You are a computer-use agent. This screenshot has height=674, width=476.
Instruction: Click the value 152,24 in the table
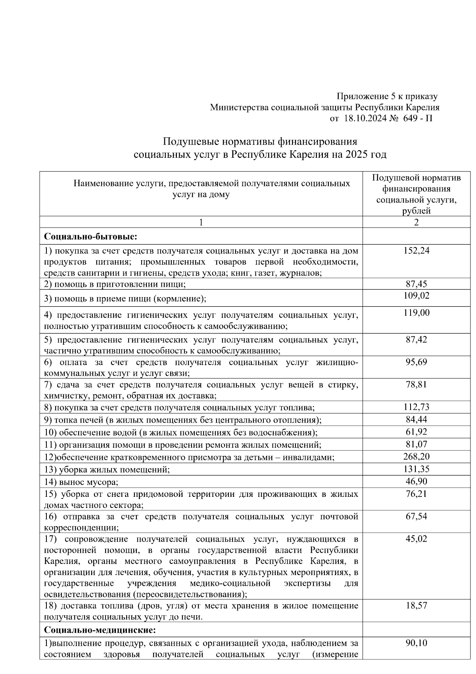point(416,251)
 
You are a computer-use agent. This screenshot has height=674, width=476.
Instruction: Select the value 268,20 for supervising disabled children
point(416,457)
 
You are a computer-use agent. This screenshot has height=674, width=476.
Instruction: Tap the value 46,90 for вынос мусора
point(416,482)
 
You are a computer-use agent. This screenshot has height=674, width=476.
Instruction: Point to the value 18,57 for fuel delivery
point(416,606)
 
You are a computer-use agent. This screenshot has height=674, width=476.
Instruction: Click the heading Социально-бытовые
point(90,237)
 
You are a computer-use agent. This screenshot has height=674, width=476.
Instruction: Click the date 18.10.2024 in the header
point(365,118)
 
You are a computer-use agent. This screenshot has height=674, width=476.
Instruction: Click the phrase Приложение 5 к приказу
point(387,97)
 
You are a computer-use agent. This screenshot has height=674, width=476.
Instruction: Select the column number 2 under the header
point(416,222)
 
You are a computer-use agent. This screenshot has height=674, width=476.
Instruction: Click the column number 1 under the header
point(201,222)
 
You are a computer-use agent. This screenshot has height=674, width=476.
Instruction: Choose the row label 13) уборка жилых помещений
point(107,470)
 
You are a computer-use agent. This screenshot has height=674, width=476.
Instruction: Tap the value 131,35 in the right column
point(416,469)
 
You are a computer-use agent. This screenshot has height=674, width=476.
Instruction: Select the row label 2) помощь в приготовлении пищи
point(115,284)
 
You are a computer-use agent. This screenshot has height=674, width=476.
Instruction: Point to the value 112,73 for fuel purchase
point(416,407)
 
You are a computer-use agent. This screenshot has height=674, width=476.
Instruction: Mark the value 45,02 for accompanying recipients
point(416,539)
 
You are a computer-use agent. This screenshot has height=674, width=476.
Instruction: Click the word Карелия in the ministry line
point(424,108)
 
